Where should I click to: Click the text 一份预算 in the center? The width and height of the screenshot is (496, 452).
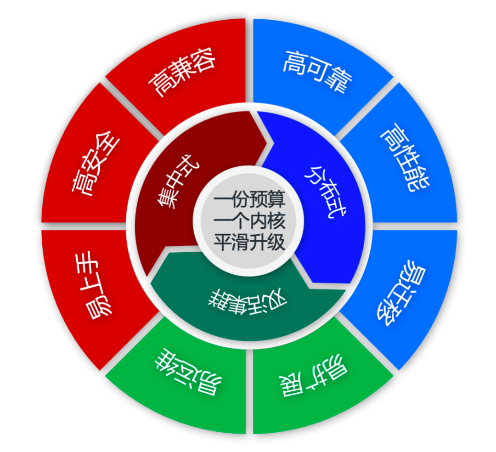pos(249,201)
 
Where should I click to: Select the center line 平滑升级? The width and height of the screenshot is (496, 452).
pos(249,242)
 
